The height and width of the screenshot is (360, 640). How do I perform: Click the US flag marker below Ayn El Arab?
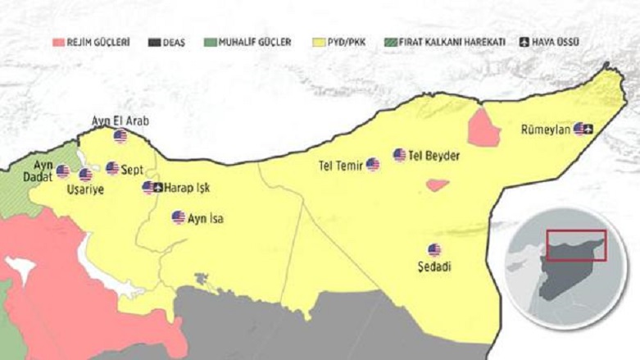point(120,136)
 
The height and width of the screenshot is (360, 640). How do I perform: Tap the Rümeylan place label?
point(545,129)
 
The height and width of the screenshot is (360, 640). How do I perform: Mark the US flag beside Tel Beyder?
point(399,155)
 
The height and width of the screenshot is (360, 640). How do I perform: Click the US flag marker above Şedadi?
point(433,250)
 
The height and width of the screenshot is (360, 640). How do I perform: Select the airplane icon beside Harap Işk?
point(158,188)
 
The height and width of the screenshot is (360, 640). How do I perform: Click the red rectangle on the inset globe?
point(576,245)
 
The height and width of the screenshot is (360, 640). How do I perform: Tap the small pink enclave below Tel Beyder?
point(437,185)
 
